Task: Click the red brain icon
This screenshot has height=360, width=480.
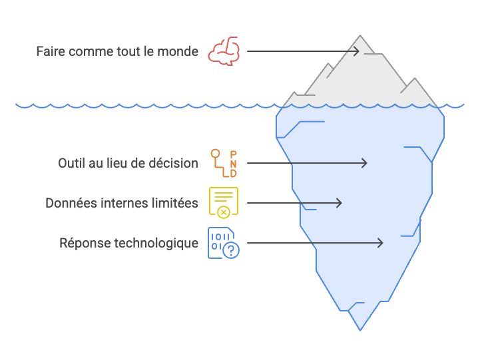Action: [x=223, y=51]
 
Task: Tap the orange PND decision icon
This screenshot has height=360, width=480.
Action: [x=224, y=163]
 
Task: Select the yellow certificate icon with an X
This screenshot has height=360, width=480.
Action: [x=224, y=202]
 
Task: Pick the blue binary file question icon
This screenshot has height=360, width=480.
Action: [x=224, y=243]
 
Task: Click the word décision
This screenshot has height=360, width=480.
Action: [x=174, y=163]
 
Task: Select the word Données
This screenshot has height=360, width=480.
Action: [x=70, y=203]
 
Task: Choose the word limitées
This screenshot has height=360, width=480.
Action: [x=175, y=203]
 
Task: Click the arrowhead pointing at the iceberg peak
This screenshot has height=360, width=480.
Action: [x=356, y=51]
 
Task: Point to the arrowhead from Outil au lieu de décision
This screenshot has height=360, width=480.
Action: [x=364, y=163]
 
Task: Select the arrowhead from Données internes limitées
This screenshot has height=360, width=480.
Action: [x=339, y=203]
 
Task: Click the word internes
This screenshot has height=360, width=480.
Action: [x=124, y=203]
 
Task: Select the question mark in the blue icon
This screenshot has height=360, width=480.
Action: [x=230, y=250]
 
